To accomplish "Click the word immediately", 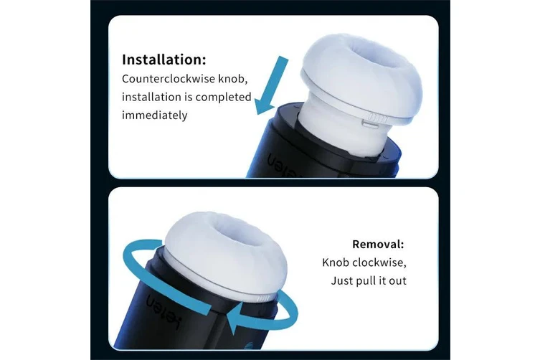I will point(154,115).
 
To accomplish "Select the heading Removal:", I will point(379,243).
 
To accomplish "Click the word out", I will point(397,280).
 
